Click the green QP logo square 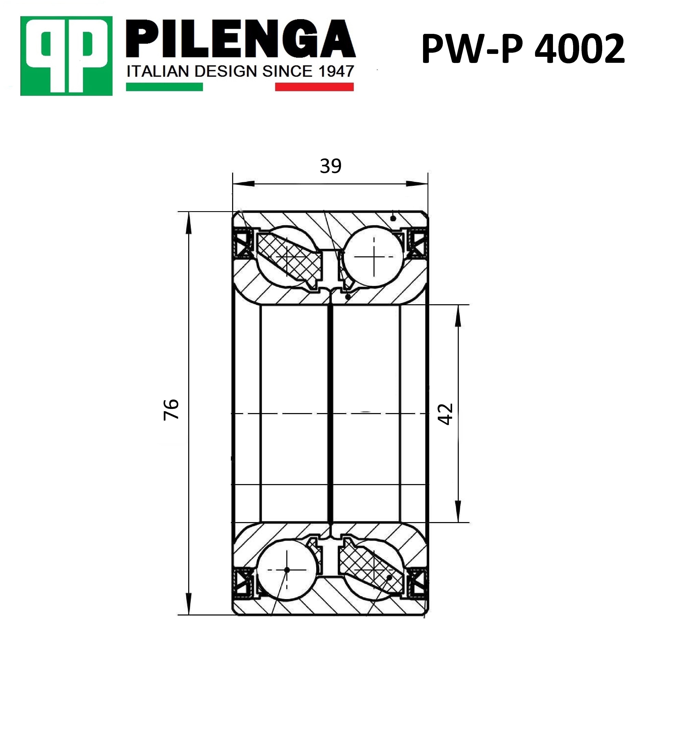pyautogui.click(x=66, y=56)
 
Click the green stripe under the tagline pyautogui.click(x=164, y=87)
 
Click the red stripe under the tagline pyautogui.click(x=314, y=87)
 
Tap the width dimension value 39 pyautogui.click(x=331, y=166)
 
